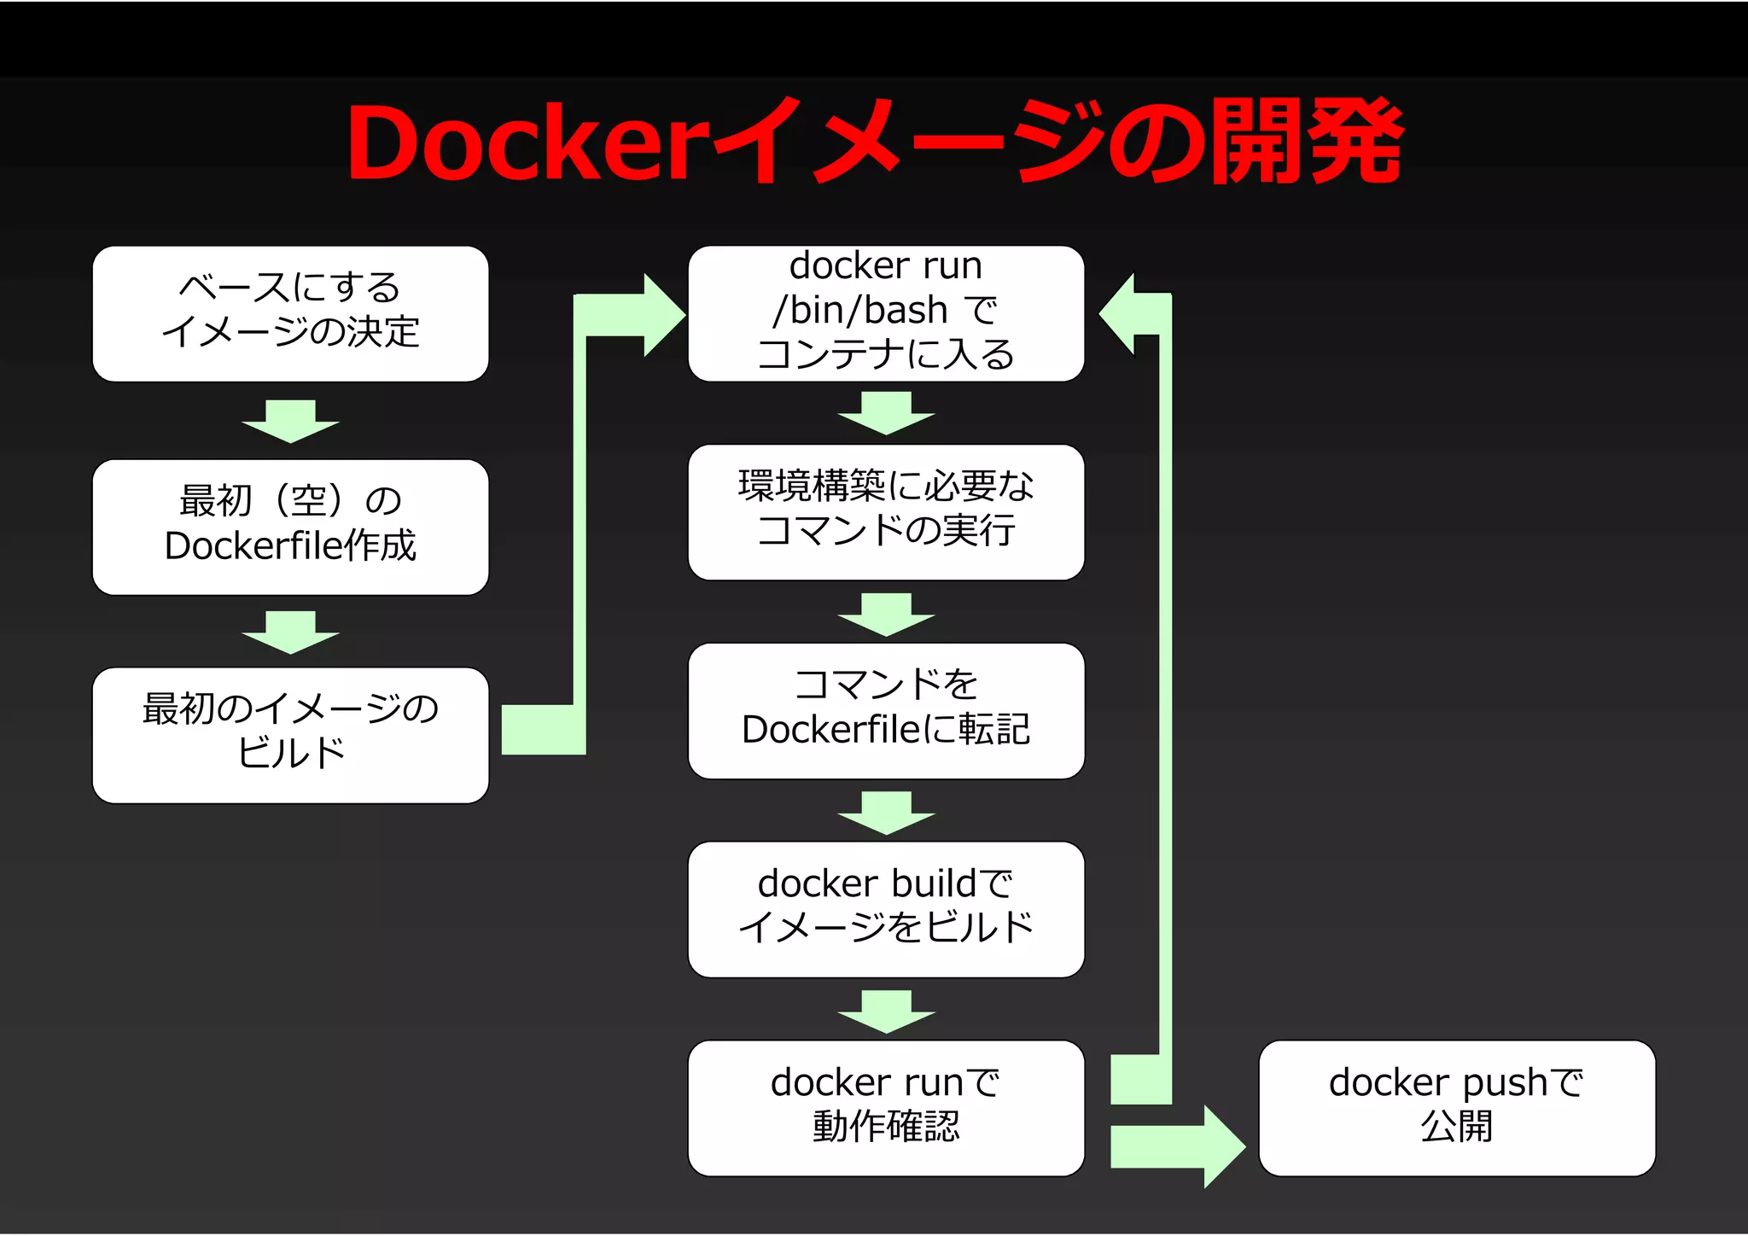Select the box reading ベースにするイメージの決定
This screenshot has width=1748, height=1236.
pos(290,313)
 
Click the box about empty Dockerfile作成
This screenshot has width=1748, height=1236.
pos(290,527)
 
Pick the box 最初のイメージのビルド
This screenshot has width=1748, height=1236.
pos(290,735)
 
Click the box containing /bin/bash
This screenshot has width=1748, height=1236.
pos(886,313)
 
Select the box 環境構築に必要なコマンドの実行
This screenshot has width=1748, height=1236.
pos(886,512)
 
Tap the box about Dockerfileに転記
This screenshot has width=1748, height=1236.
pos(886,711)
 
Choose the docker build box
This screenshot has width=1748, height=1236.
pos(886,909)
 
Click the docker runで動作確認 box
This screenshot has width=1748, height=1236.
pos(886,1108)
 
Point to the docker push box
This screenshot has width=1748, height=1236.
pos(1456,1108)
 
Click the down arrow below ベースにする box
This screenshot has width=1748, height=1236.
pos(290,422)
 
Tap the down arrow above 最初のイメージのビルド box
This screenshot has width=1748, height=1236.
pos(290,633)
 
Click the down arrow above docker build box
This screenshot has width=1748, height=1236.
pos(886,813)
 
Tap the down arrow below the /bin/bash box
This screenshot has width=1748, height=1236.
pos(886,413)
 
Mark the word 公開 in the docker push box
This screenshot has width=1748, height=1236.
pos(1456,1127)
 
